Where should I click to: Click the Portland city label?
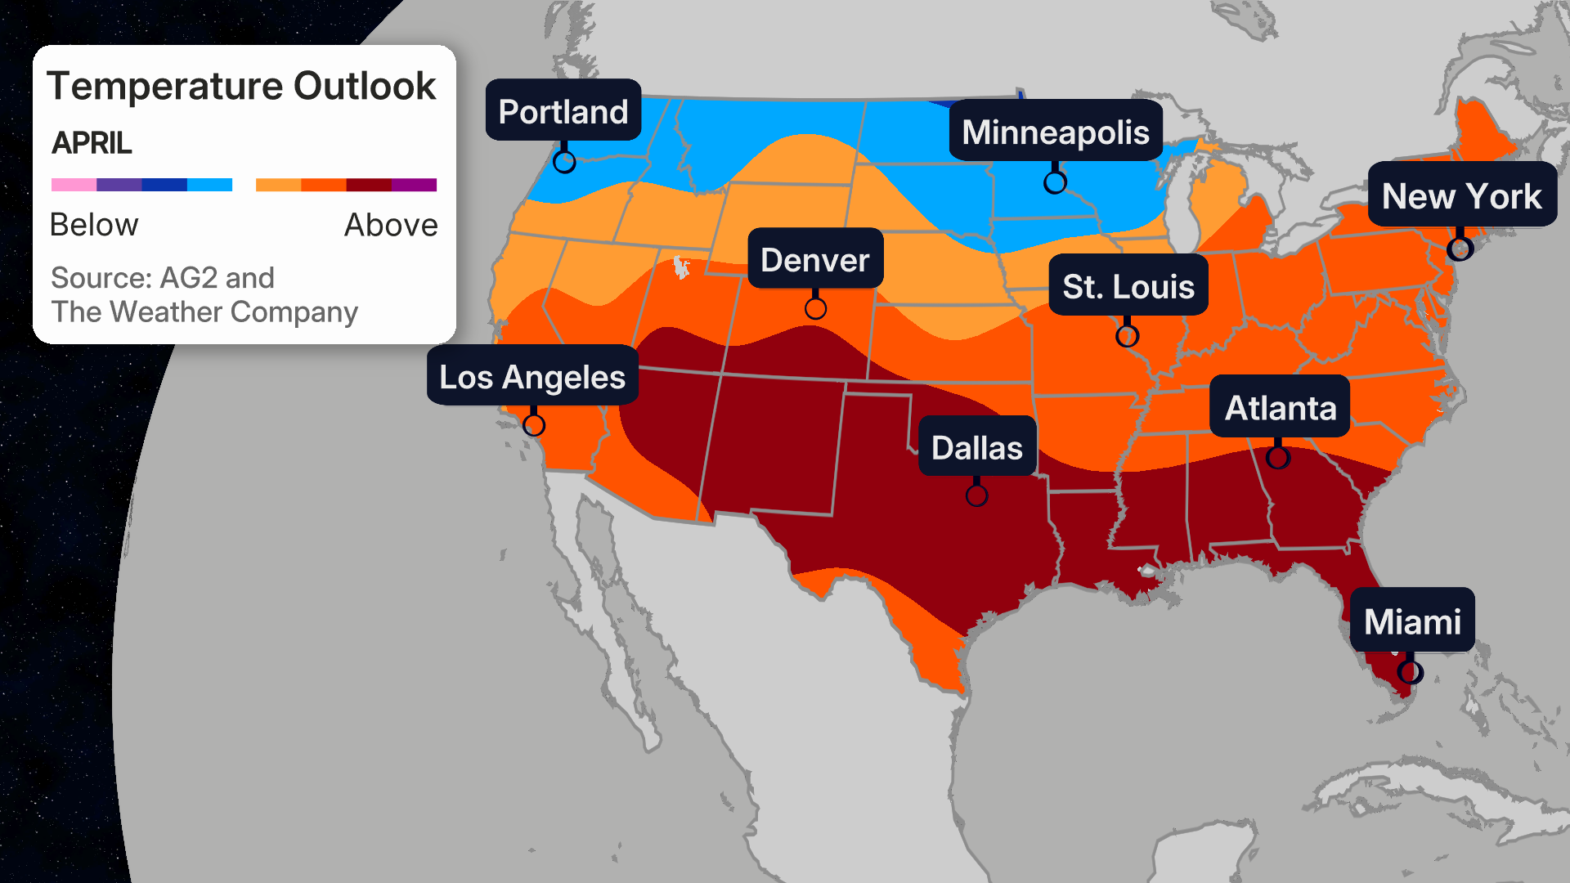click(563, 111)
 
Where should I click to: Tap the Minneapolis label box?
click(1055, 132)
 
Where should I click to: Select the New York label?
click(1461, 196)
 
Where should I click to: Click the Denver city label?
click(814, 260)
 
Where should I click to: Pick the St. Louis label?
click(1128, 286)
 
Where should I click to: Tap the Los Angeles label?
click(532, 377)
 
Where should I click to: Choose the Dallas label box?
click(976, 447)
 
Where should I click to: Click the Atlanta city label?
click(1280, 407)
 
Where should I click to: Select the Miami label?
click(1412, 621)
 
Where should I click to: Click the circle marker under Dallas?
click(976, 495)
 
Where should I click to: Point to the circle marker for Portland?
click(564, 162)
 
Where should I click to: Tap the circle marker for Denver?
click(815, 308)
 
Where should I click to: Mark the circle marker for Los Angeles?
click(534, 425)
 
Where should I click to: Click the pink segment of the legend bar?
click(74, 185)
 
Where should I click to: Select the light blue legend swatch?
click(209, 185)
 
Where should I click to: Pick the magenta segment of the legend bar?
click(414, 185)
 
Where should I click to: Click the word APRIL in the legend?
click(92, 143)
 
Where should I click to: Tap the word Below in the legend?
click(94, 225)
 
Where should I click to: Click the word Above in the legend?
click(390, 225)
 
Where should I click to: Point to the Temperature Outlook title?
click(241, 86)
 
